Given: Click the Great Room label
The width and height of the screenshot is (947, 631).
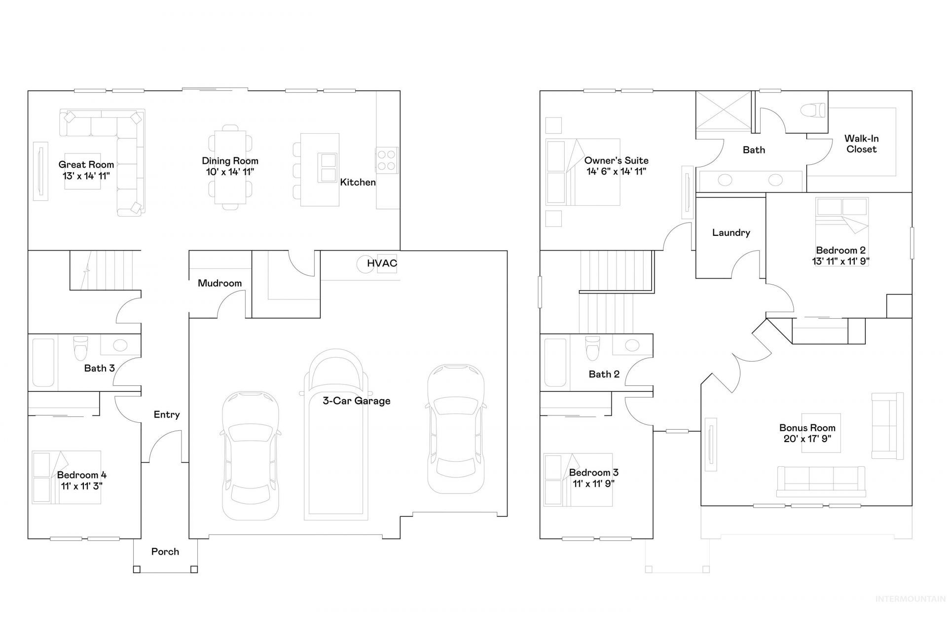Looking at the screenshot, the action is click(86, 165).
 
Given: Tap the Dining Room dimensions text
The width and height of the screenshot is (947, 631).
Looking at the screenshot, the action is click(230, 172).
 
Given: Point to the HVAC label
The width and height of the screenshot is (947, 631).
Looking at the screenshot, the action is click(382, 263).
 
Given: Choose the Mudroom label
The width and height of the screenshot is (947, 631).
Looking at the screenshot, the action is click(220, 283).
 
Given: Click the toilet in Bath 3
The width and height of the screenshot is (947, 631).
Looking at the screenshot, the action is click(80, 348).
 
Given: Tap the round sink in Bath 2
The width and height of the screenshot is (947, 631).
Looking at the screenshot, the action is click(632, 345).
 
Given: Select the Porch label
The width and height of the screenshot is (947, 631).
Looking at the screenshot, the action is click(165, 552).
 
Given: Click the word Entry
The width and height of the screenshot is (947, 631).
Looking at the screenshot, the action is click(167, 415).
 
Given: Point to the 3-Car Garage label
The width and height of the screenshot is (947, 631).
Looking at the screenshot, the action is click(357, 401).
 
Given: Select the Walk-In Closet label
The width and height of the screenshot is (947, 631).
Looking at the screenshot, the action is click(862, 144).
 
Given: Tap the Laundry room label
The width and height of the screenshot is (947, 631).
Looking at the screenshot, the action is click(731, 233).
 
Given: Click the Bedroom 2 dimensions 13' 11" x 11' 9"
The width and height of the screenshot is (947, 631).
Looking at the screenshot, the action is click(841, 261).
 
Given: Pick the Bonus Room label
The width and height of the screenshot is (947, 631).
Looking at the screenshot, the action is click(807, 428).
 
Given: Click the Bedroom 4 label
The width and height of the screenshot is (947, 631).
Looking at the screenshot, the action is click(82, 475).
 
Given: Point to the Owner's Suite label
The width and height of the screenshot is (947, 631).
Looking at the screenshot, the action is click(617, 161).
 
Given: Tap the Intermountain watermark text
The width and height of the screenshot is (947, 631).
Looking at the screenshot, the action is click(911, 599).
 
